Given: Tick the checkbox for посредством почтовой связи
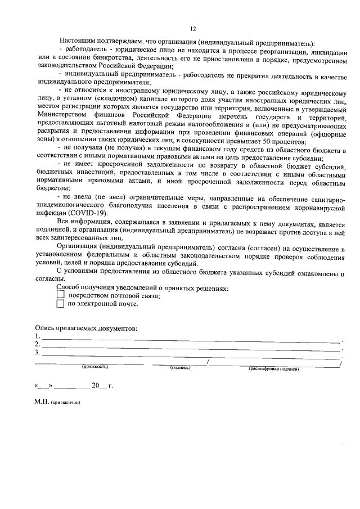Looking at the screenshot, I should (x=61, y=295).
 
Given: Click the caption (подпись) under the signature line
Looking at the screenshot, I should (x=180, y=367).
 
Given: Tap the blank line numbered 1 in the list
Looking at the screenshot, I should (x=191, y=341).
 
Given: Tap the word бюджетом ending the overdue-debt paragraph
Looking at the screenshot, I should (x=52, y=190).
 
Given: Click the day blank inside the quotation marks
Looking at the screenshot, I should (x=44, y=387).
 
